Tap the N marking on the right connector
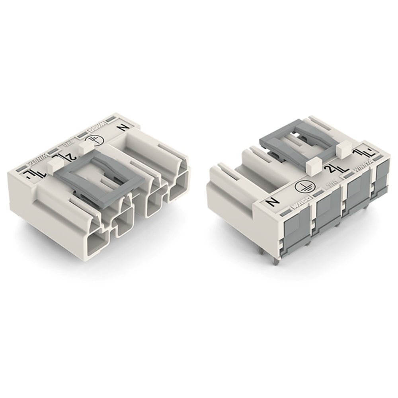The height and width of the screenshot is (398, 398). (273, 202)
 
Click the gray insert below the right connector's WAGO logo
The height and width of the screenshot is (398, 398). (297, 235)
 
